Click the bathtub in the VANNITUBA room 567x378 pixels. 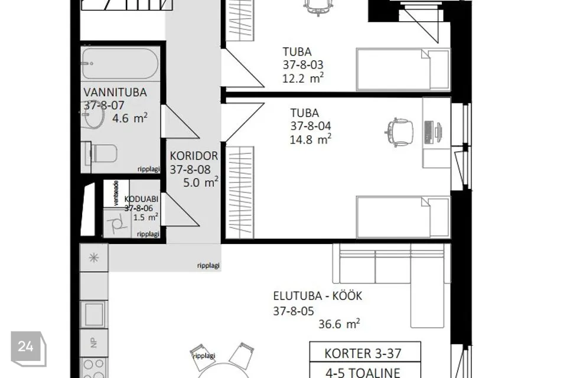pos(120,64)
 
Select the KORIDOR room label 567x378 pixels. pos(194,157)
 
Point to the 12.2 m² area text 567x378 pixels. pos(302,78)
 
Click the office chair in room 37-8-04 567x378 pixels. pos(399,131)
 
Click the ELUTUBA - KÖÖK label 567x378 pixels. pos(317,296)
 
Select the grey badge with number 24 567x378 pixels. pos(26,347)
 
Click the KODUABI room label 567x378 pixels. pos(141,200)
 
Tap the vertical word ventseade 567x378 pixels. pos(116,193)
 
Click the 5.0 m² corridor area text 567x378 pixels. pos(194,183)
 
